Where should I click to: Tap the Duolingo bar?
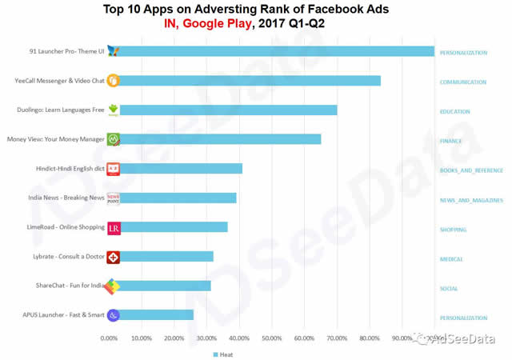click(x=228, y=110)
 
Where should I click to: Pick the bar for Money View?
click(x=220, y=139)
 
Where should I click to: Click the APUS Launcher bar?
click(x=156, y=315)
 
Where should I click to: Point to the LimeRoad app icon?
click(x=114, y=228)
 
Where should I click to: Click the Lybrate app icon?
click(x=114, y=257)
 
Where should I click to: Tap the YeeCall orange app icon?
click(x=114, y=81)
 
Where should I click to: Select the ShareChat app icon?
click(x=114, y=286)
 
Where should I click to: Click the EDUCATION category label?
click(x=455, y=112)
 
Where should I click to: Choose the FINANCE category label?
click(x=451, y=141)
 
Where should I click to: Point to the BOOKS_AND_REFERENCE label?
click(x=471, y=170)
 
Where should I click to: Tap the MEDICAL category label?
click(x=452, y=259)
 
